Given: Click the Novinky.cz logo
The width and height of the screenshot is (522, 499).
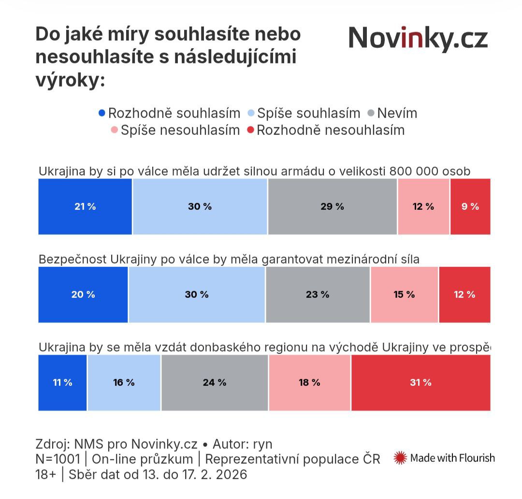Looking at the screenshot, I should tap(418, 39).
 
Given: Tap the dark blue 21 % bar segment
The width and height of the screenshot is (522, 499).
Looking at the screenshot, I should tap(85, 206).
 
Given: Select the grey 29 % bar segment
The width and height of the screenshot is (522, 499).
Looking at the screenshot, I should tap(333, 206).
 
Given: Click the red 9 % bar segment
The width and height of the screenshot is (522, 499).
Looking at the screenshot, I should tap(470, 206).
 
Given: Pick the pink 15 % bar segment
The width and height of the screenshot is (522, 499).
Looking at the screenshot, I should tap(405, 294).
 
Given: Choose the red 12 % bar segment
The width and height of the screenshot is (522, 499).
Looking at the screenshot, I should tap(464, 294).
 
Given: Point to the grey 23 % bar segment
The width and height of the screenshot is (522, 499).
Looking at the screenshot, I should tap(318, 294).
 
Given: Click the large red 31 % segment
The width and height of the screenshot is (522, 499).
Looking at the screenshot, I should tap(420, 382).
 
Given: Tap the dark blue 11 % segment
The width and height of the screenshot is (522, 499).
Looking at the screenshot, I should tap(63, 382).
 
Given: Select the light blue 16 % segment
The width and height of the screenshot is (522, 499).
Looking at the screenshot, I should tap(124, 382).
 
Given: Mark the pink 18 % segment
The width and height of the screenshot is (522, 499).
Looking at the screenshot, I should tap(309, 382).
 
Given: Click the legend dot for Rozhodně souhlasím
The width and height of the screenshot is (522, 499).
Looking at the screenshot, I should tap(102, 114).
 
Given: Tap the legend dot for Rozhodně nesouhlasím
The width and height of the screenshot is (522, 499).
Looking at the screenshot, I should tap(250, 131).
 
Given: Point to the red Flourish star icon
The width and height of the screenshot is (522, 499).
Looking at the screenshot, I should tap(400, 458).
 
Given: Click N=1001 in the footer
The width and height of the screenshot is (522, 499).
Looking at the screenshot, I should tap(58, 459).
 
